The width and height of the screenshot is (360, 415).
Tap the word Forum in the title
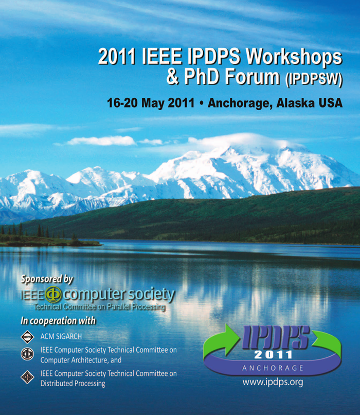point(253,77)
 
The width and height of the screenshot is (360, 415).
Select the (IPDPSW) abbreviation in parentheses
point(314,79)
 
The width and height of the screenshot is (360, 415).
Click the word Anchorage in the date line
point(240,103)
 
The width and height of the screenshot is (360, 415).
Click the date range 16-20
point(122,102)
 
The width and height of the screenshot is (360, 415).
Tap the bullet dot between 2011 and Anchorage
point(202,103)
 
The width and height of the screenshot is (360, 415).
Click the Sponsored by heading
point(47,279)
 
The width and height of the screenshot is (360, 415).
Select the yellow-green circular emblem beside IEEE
point(53,295)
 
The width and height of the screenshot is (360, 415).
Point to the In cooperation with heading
point(58,321)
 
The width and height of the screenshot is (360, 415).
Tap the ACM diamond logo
point(27,337)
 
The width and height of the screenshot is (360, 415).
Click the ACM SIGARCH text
point(61,336)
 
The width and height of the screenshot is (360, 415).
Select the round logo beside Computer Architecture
point(27,354)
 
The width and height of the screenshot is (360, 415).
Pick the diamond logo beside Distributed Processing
point(27,377)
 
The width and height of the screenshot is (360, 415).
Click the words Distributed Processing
point(73,384)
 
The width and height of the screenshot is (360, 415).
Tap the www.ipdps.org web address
point(273,382)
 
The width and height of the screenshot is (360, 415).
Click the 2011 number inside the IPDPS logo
point(273,355)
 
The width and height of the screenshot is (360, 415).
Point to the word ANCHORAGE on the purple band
point(273,368)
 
